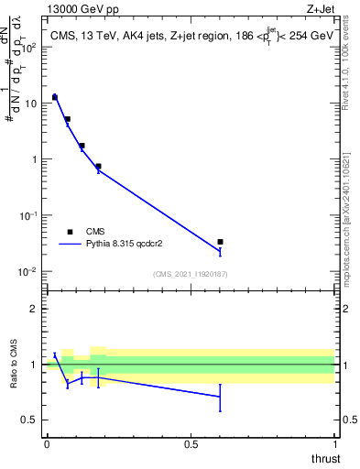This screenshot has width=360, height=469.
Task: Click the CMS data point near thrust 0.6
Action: [x=220, y=242]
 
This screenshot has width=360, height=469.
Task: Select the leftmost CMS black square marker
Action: [x=55, y=96]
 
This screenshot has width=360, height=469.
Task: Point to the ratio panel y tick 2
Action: [x=34, y=309]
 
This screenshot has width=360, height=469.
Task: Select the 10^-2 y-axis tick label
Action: [x=27, y=272]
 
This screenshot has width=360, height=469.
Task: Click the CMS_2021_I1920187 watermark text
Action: [x=190, y=273]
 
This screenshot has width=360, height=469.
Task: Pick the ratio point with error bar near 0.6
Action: [x=220, y=397]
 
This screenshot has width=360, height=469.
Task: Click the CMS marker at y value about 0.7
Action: [x=98, y=167]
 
